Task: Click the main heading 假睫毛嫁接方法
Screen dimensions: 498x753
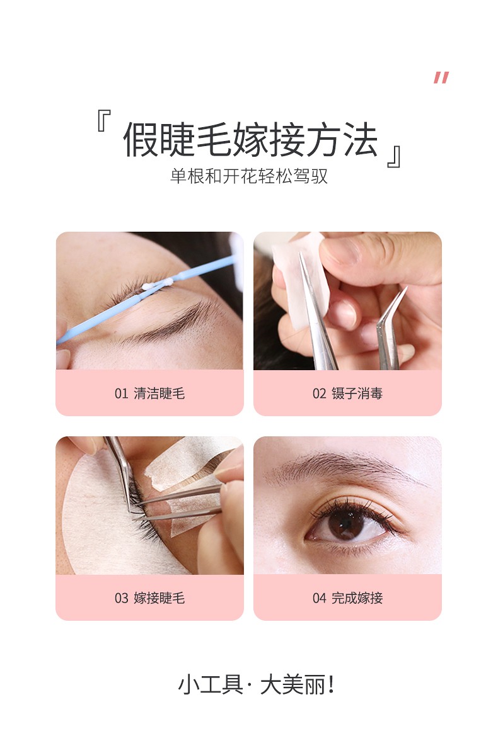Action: (250, 139)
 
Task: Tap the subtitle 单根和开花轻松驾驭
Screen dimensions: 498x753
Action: (249, 176)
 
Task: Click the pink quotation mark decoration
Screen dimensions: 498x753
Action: (441, 77)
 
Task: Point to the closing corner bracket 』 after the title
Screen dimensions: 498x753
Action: (394, 157)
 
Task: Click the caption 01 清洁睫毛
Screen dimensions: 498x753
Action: (149, 393)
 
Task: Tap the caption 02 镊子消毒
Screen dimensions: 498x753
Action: (347, 393)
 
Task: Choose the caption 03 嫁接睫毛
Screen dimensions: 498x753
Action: (149, 598)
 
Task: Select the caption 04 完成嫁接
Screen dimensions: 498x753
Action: (347, 598)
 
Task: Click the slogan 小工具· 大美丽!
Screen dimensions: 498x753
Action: (256, 684)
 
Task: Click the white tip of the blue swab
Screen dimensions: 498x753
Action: (157, 284)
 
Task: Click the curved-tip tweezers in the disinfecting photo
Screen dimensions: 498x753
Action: (390, 331)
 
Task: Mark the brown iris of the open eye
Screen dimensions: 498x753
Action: (346, 523)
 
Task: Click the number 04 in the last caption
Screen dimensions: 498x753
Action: (319, 598)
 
